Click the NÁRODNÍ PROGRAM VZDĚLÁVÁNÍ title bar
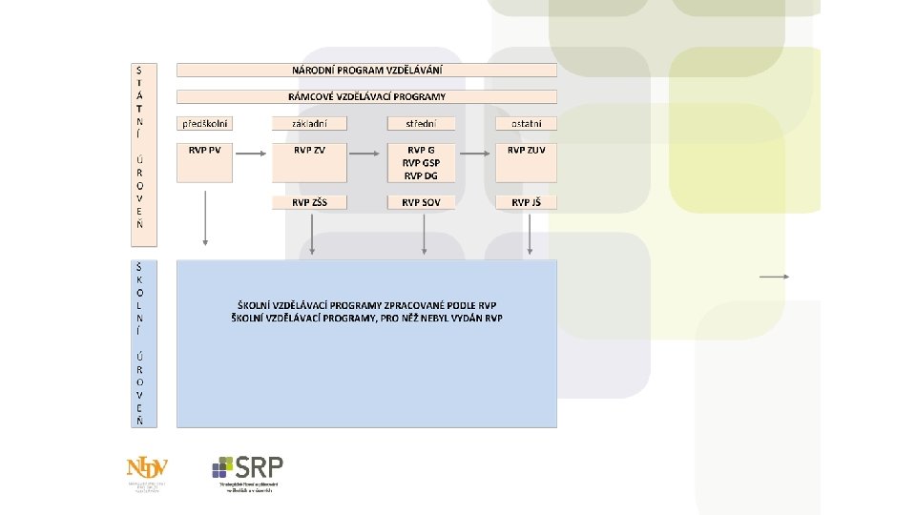click(x=366, y=70)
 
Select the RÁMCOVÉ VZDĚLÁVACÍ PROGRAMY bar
click(x=366, y=96)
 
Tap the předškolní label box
click(x=205, y=123)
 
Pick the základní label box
click(x=309, y=123)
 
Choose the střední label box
click(x=421, y=123)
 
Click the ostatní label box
click(x=526, y=123)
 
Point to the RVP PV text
click(x=204, y=150)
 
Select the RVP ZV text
click(x=309, y=150)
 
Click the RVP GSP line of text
click(x=421, y=162)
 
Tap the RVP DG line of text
click(x=421, y=175)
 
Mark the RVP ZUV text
click(x=526, y=150)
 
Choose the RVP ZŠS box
click(x=309, y=202)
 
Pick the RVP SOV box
click(x=421, y=202)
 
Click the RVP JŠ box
click(x=526, y=202)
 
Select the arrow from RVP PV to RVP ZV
click(x=252, y=153)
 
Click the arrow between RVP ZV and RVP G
click(x=364, y=153)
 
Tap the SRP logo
click(x=247, y=469)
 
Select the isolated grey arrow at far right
click(x=774, y=276)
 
